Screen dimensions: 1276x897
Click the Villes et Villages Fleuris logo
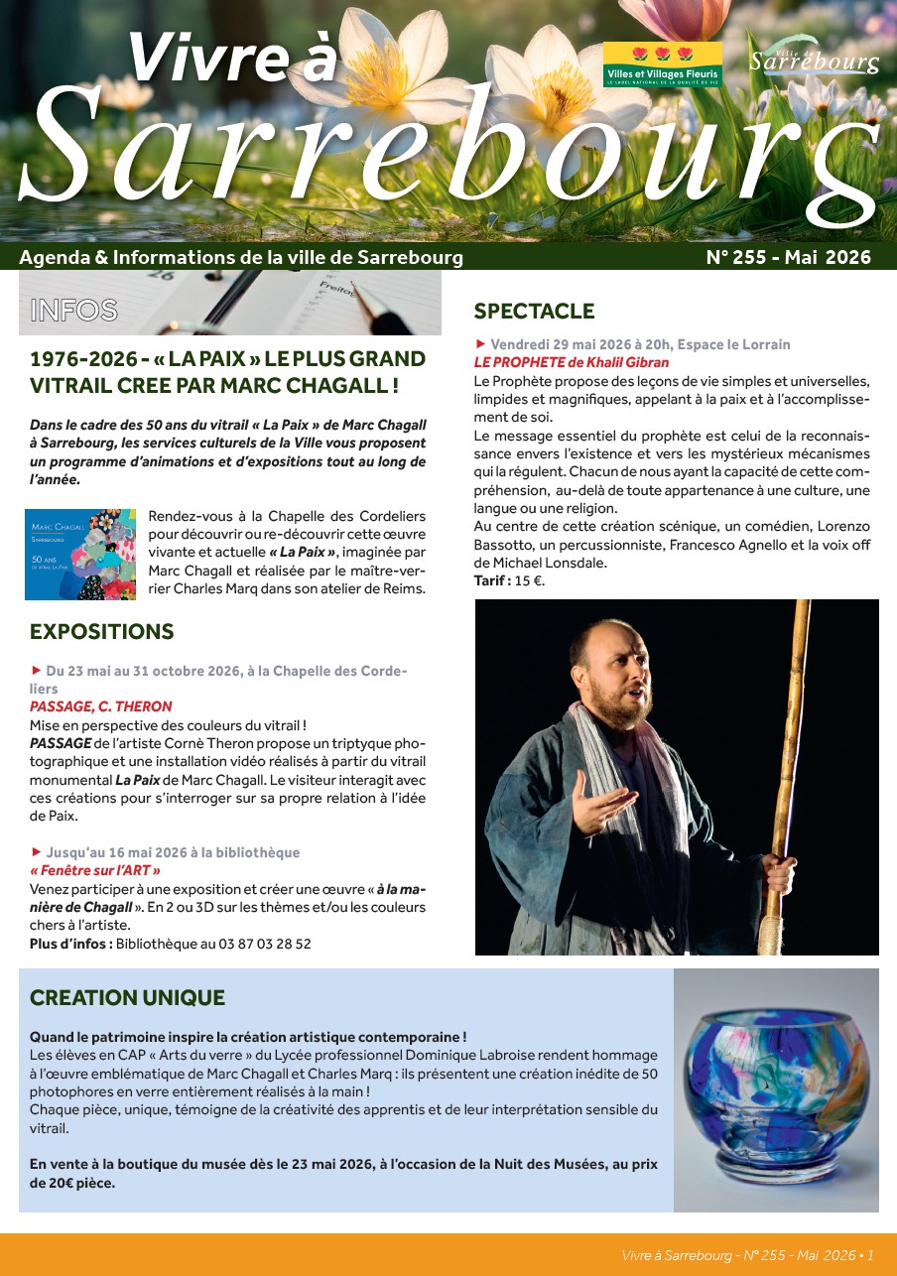click(x=663, y=64)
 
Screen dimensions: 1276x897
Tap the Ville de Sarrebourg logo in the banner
click(x=814, y=62)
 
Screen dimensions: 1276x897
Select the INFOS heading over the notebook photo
click(x=74, y=311)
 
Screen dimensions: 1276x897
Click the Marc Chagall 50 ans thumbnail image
click(x=80, y=555)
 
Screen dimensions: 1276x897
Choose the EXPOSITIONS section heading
click(x=102, y=632)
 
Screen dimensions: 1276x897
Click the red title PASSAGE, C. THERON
click(x=101, y=707)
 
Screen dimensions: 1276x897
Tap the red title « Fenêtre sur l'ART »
click(x=95, y=870)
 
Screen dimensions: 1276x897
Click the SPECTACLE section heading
click(x=534, y=312)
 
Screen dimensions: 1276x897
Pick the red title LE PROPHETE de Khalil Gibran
click(x=572, y=362)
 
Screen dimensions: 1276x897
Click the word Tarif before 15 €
click(x=490, y=581)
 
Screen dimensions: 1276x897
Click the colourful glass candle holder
click(x=776, y=1090)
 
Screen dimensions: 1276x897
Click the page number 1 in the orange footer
click(x=870, y=1255)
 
